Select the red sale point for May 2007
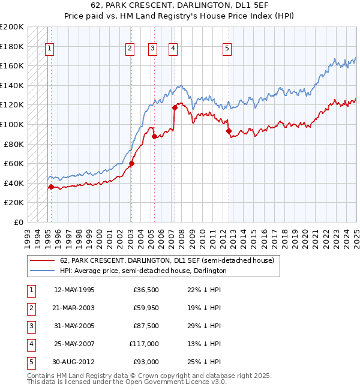pyautogui.click(x=175, y=108)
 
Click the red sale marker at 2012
pyautogui.click(x=229, y=131)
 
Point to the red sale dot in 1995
pyautogui.click(x=51, y=187)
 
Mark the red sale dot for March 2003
pyautogui.click(x=131, y=163)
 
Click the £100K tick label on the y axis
pyautogui.click(x=12, y=124)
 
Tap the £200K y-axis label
pyautogui.click(x=12, y=27)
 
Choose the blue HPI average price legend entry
pyautogui.click(x=143, y=271)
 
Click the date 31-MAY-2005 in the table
pyautogui.click(x=74, y=326)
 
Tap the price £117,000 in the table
pyautogui.click(x=144, y=344)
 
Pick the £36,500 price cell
pyautogui.click(x=146, y=290)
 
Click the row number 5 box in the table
pyautogui.click(x=30, y=362)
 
